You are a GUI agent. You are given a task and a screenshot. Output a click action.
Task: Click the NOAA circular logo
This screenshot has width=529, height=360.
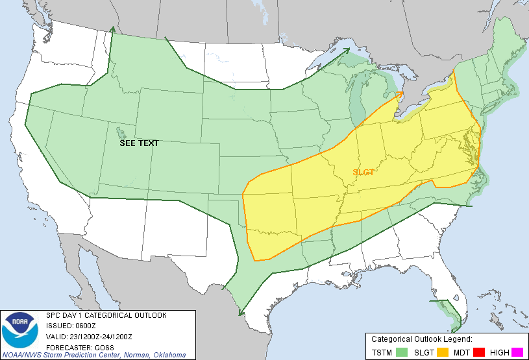pos(20,331)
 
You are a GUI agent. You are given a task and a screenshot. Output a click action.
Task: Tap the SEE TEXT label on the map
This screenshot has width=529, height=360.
pos(139,143)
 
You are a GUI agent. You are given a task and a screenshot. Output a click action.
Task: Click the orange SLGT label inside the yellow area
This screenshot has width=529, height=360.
pos(363,172)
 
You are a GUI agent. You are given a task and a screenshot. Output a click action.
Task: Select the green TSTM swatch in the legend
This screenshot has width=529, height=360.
pos(402,352)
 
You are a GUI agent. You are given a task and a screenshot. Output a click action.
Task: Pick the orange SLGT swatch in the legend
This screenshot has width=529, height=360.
pos(441,352)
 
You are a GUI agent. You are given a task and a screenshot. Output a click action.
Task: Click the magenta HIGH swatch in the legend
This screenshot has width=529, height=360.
pos(517,352)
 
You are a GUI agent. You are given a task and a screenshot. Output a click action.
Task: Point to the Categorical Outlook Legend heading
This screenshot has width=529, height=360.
pos(421,339)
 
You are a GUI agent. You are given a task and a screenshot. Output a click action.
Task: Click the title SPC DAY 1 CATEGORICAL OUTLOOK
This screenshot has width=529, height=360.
pos(106,315)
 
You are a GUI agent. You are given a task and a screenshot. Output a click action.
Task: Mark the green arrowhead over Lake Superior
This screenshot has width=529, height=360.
pos(348,49)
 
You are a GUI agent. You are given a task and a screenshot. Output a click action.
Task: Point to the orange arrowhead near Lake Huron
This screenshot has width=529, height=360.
pos(400,93)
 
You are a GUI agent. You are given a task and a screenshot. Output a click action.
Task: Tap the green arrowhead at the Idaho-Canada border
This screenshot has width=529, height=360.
pos(113,29)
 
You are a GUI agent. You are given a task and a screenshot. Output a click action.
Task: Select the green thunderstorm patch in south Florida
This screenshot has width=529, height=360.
pos(450,312)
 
